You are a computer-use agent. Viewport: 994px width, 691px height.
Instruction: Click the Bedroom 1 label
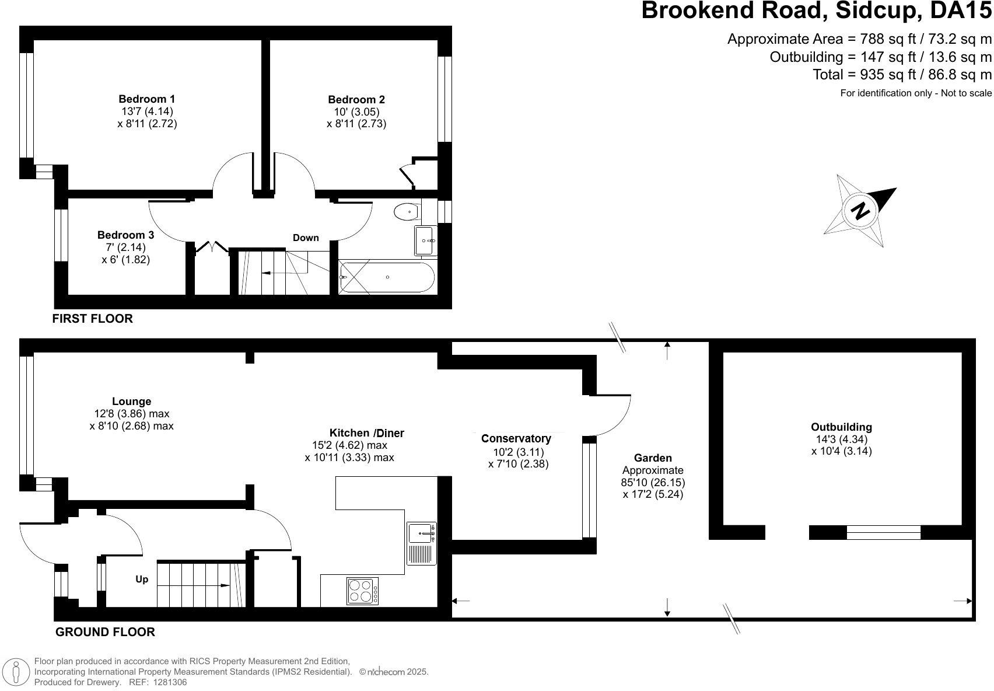pos(146,99)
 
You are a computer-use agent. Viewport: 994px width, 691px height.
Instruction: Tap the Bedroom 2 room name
pos(356,100)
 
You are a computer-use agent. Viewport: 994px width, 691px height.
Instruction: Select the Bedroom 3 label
pos(125,235)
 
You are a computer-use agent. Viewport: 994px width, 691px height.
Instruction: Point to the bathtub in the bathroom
pos(387,277)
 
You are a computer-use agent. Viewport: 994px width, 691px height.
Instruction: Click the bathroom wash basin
pos(425,240)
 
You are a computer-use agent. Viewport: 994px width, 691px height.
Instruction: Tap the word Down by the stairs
pos(306,238)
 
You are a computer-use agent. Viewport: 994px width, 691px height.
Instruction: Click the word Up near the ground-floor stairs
pos(142,580)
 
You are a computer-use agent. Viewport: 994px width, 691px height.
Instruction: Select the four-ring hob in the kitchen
pos(362,591)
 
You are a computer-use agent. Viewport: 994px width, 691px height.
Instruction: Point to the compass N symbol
pos(860,210)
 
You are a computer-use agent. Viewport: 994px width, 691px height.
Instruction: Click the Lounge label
pos(131,402)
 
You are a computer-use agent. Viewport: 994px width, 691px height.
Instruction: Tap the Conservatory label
pos(516,438)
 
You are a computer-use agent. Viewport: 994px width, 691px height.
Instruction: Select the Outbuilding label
pos(841,427)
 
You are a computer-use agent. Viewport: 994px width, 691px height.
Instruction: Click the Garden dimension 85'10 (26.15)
pos(653,483)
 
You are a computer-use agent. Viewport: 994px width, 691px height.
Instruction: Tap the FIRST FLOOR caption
pos(92,319)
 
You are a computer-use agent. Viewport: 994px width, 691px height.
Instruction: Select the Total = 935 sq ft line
pos(902,75)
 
